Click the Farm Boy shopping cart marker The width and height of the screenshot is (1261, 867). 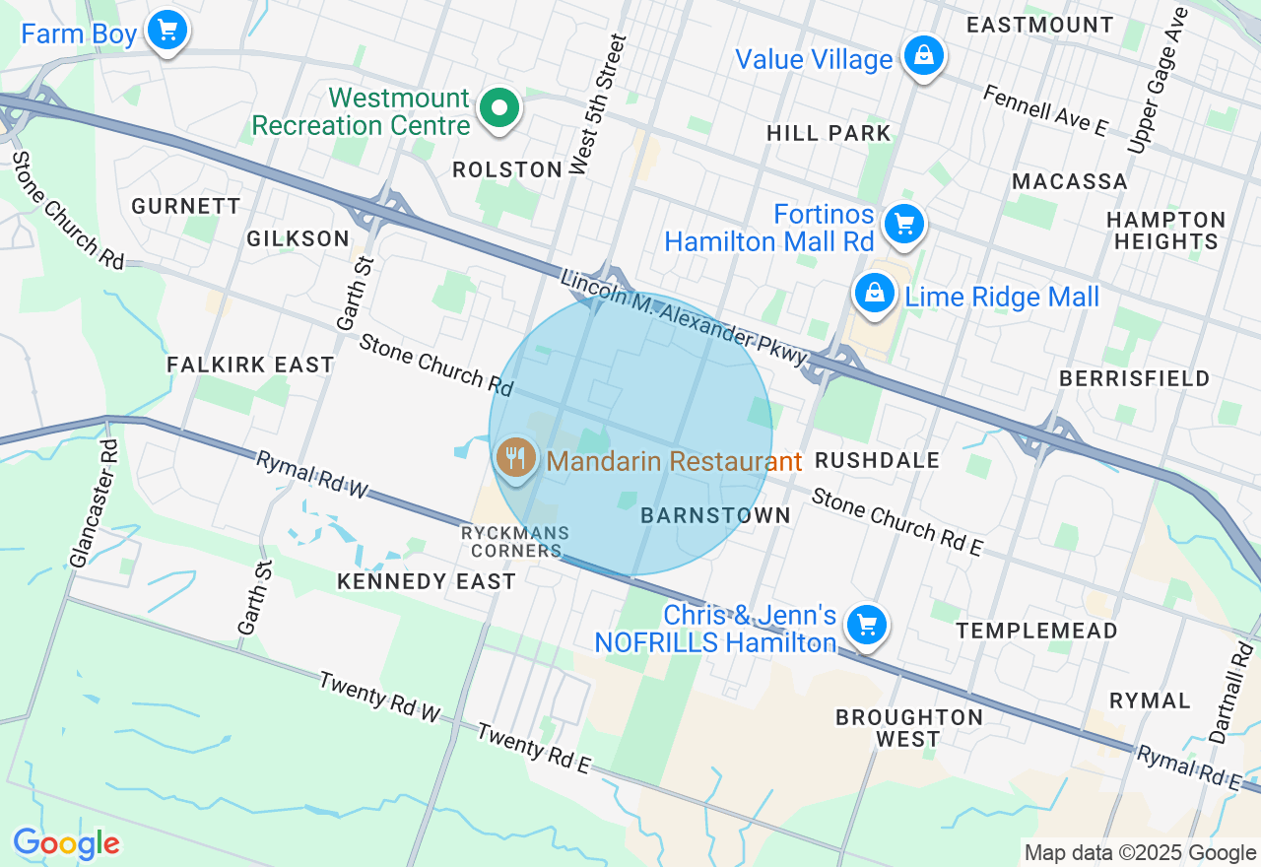tap(167, 30)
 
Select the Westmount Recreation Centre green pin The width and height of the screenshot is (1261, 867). tap(499, 107)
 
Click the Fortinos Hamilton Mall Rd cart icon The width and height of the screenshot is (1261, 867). tap(903, 224)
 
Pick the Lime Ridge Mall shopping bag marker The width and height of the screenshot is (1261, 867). tap(874, 293)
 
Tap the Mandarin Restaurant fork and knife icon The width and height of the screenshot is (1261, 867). tap(515, 457)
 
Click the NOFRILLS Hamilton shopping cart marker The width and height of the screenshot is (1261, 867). tap(867, 625)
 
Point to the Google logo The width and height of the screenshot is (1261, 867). tap(66, 844)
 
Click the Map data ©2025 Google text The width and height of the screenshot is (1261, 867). tap(1140, 853)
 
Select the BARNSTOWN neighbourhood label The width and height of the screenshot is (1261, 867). tap(715, 515)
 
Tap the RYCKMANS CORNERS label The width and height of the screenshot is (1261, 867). tap(515, 542)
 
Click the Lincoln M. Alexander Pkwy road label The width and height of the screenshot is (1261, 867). tap(684, 318)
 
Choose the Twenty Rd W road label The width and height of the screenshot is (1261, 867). tap(379, 697)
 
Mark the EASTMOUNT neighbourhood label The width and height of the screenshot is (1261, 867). tap(1039, 25)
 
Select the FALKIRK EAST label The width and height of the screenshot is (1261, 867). tap(250, 365)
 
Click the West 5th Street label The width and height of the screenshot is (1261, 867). tap(598, 104)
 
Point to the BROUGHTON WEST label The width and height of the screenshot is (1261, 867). tap(908, 727)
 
